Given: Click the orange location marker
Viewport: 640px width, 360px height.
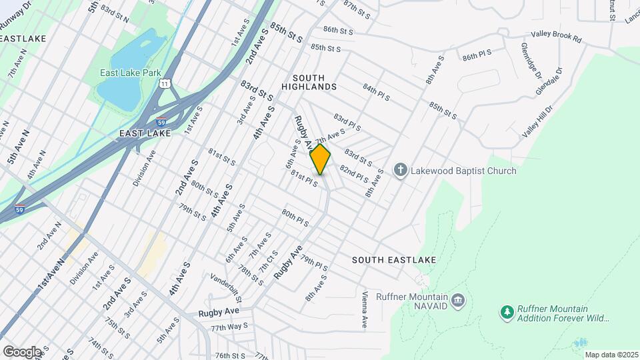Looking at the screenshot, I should [320, 159].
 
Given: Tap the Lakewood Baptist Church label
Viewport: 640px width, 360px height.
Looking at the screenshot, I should [463, 171].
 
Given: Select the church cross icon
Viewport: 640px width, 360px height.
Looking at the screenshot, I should [400, 171].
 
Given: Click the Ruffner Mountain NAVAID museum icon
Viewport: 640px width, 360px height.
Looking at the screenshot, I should [457, 301].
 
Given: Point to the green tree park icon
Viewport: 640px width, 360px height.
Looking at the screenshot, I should [507, 311].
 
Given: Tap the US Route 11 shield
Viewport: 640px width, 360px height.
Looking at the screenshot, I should [165, 82].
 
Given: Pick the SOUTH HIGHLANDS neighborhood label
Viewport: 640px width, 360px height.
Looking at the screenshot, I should [308, 82].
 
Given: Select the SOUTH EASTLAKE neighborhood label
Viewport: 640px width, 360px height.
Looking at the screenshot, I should [394, 259].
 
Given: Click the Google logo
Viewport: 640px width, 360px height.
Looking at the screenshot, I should [21, 351].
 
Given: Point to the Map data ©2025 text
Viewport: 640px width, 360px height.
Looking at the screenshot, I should [611, 355].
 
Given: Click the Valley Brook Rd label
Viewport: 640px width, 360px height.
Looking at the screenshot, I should [557, 37].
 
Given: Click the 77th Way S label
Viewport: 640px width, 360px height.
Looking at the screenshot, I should [229, 327].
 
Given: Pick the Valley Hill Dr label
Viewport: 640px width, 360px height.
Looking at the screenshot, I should [539, 121].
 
